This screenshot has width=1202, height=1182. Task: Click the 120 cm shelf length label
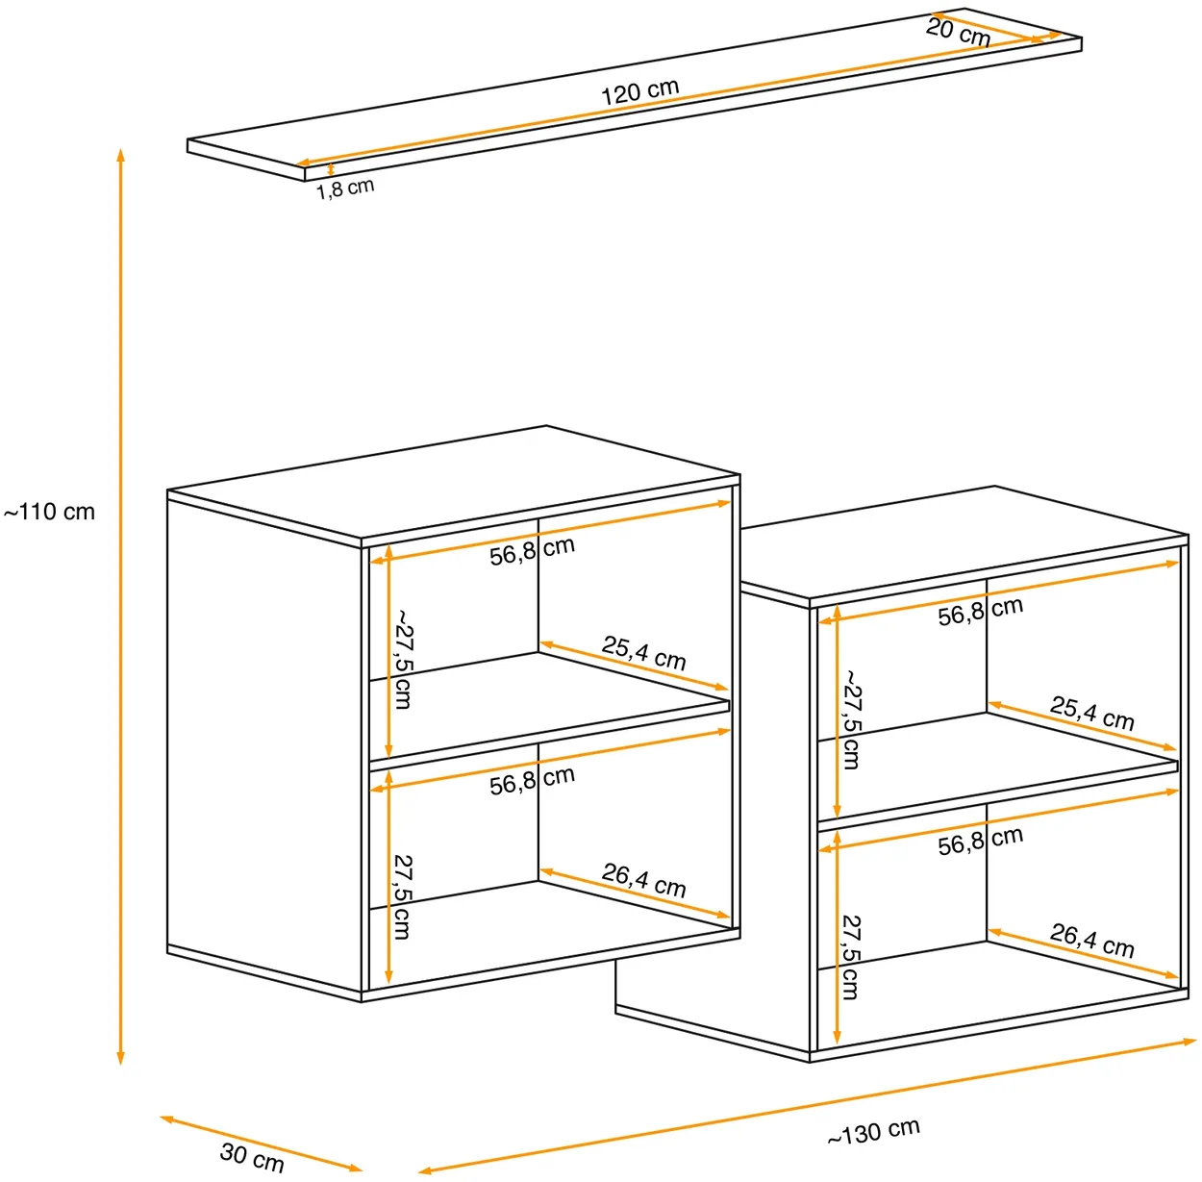coord(639,91)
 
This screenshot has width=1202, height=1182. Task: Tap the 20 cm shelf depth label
coord(958,32)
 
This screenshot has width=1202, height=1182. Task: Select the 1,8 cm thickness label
coord(345,189)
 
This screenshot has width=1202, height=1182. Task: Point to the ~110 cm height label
coord(49,512)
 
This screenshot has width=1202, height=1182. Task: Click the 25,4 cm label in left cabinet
coord(643,653)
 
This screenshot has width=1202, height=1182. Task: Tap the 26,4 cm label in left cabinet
coord(643,880)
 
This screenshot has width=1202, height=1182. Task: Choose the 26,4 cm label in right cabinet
coord(1091,941)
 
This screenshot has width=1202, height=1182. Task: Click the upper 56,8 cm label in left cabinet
coord(532,551)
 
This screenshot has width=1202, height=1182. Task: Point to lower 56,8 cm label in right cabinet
coord(981,841)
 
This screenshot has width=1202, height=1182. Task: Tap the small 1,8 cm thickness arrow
coord(331,169)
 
